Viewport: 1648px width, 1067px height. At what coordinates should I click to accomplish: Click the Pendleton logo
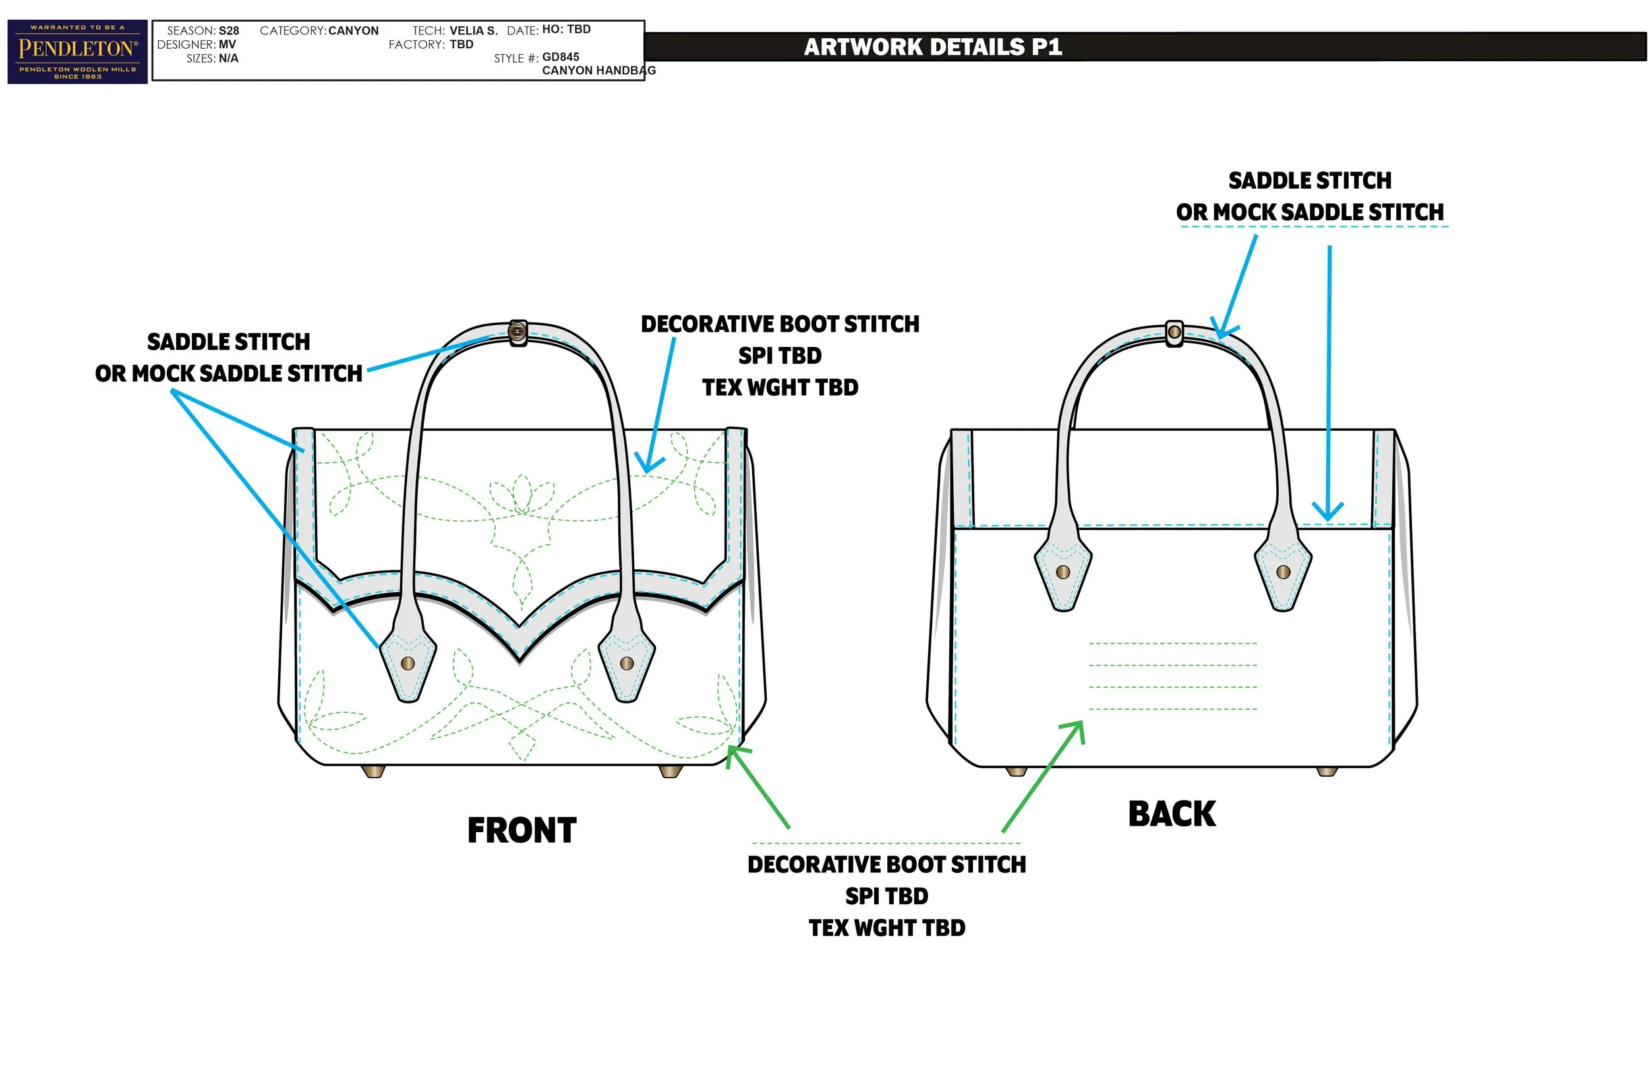point(78,52)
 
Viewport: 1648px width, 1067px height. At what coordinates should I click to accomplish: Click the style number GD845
point(560,57)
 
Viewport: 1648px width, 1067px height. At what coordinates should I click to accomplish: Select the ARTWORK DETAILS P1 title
point(933,46)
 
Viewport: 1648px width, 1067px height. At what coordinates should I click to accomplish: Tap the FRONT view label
point(521,830)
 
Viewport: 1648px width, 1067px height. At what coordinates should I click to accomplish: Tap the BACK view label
point(1171,813)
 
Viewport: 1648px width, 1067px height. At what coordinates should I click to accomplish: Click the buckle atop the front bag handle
point(517,332)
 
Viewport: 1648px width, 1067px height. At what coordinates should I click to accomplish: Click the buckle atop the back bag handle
point(1175,332)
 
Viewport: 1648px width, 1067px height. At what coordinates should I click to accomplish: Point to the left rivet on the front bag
point(408,663)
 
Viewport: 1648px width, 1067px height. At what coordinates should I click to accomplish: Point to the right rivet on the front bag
point(627,663)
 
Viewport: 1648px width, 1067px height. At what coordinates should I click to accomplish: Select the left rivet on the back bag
point(1063,572)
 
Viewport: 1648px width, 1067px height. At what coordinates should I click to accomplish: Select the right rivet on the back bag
point(1283,572)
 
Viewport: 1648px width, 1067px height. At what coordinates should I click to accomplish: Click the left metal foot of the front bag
point(373,770)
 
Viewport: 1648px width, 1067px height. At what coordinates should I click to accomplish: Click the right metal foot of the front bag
point(670,770)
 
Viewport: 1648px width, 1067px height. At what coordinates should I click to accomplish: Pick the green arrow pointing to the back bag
point(1043,776)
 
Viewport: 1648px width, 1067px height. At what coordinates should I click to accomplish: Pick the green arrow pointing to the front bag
point(757,785)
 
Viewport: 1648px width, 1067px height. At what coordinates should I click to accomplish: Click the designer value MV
point(227,44)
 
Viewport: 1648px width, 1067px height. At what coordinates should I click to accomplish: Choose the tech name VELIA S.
point(473,30)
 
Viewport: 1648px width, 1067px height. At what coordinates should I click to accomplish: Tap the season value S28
point(229,30)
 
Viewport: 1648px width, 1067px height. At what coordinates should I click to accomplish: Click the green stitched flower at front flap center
point(521,495)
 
